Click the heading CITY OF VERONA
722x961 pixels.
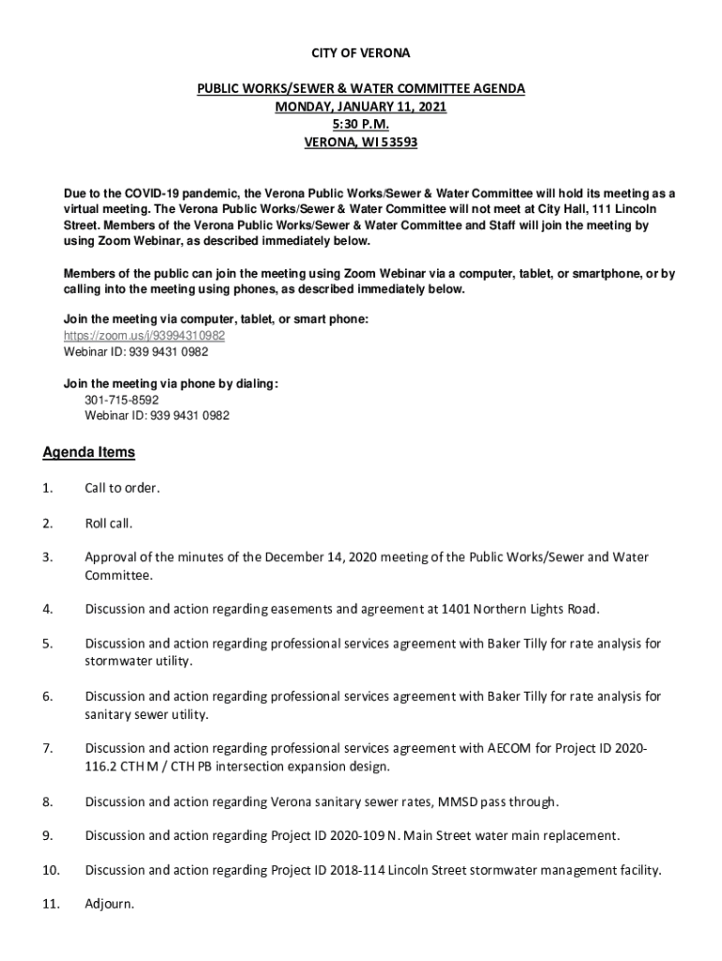360,53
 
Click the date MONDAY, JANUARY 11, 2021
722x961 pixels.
360,107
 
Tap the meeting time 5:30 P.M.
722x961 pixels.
360,125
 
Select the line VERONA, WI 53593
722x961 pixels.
360,144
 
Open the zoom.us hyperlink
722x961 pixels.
143,336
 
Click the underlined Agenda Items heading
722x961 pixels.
89,452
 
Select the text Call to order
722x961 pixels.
122,489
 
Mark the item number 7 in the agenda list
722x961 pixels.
46,749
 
